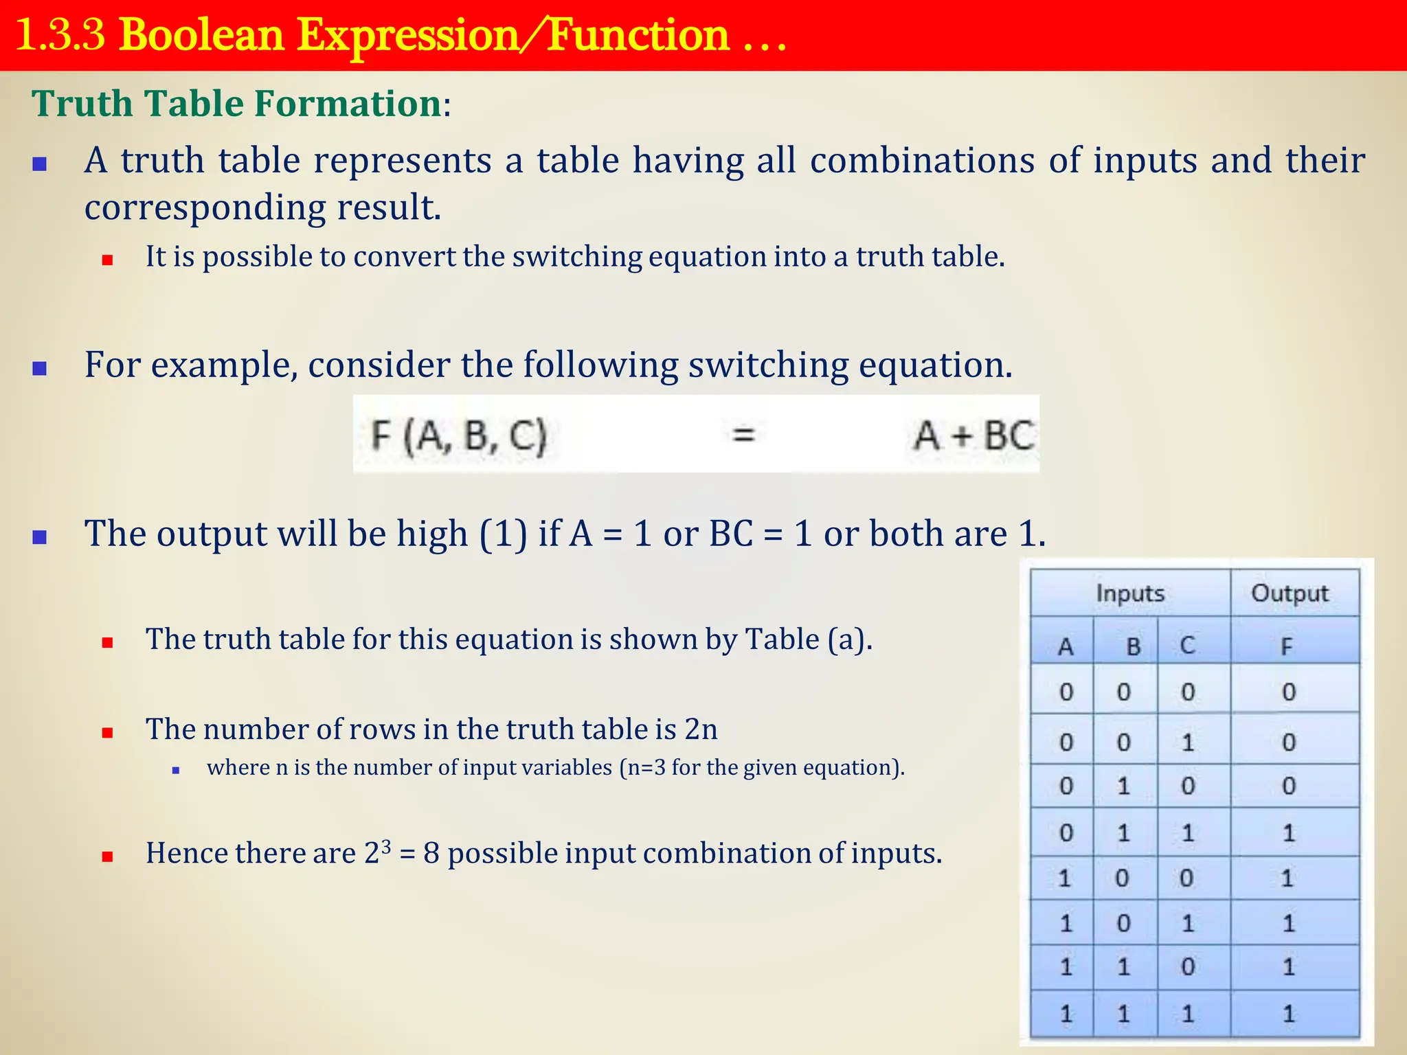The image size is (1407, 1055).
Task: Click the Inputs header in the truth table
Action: point(1130,593)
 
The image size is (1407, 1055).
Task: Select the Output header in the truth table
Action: point(1290,593)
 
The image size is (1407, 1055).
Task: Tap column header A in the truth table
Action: point(1066,646)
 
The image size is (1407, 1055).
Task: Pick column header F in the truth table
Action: point(1287,646)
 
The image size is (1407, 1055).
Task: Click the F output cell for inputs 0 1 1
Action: point(1288,833)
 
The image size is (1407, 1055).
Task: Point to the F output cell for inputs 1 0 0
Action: point(1287,878)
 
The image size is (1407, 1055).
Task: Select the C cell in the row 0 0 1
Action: point(1188,742)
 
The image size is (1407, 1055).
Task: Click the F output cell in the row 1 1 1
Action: point(1288,1013)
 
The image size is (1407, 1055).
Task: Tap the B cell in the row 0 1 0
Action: point(1123,786)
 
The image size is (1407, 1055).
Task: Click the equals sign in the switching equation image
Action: point(743,434)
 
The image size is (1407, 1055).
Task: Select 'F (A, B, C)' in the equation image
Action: point(458,435)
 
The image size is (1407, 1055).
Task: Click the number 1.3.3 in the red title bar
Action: point(60,36)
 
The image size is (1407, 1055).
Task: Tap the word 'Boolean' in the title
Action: point(201,36)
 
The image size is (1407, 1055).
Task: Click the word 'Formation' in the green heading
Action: point(348,104)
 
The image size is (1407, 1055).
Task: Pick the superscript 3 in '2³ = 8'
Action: point(386,846)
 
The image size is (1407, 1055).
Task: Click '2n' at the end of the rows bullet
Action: point(701,729)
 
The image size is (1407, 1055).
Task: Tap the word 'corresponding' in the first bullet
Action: point(204,207)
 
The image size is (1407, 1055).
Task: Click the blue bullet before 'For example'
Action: point(40,368)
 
